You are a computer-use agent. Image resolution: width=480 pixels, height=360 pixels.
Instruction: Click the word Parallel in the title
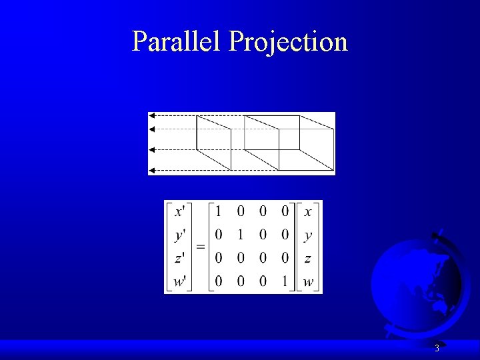177,41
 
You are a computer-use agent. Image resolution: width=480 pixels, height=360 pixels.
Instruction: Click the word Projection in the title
288,43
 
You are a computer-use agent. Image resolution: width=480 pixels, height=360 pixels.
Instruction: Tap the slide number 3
437,348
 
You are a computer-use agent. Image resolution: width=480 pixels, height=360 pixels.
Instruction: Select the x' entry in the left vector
180,212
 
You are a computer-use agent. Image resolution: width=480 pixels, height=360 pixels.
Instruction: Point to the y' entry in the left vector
180,235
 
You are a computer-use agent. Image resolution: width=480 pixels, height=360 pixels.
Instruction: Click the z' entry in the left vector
180,259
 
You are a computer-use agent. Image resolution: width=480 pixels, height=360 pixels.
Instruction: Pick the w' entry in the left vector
180,281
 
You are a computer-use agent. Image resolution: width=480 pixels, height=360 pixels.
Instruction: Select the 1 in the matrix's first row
218,212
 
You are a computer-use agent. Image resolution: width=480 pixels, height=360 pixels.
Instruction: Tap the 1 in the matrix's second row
241,235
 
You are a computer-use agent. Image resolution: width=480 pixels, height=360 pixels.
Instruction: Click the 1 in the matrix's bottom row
285,281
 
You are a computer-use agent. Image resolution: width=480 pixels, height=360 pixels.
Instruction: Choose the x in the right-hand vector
307,212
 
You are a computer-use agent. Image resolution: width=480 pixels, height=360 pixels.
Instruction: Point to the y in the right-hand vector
307,235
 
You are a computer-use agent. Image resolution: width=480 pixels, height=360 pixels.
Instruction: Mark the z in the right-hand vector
307,259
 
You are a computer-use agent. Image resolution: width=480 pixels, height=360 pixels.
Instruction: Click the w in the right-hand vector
307,281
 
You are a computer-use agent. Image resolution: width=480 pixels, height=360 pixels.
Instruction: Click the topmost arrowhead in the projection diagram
152,115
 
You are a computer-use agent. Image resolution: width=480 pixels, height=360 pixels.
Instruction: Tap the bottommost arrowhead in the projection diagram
152,171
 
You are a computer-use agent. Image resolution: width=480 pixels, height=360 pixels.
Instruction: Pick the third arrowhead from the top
152,149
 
